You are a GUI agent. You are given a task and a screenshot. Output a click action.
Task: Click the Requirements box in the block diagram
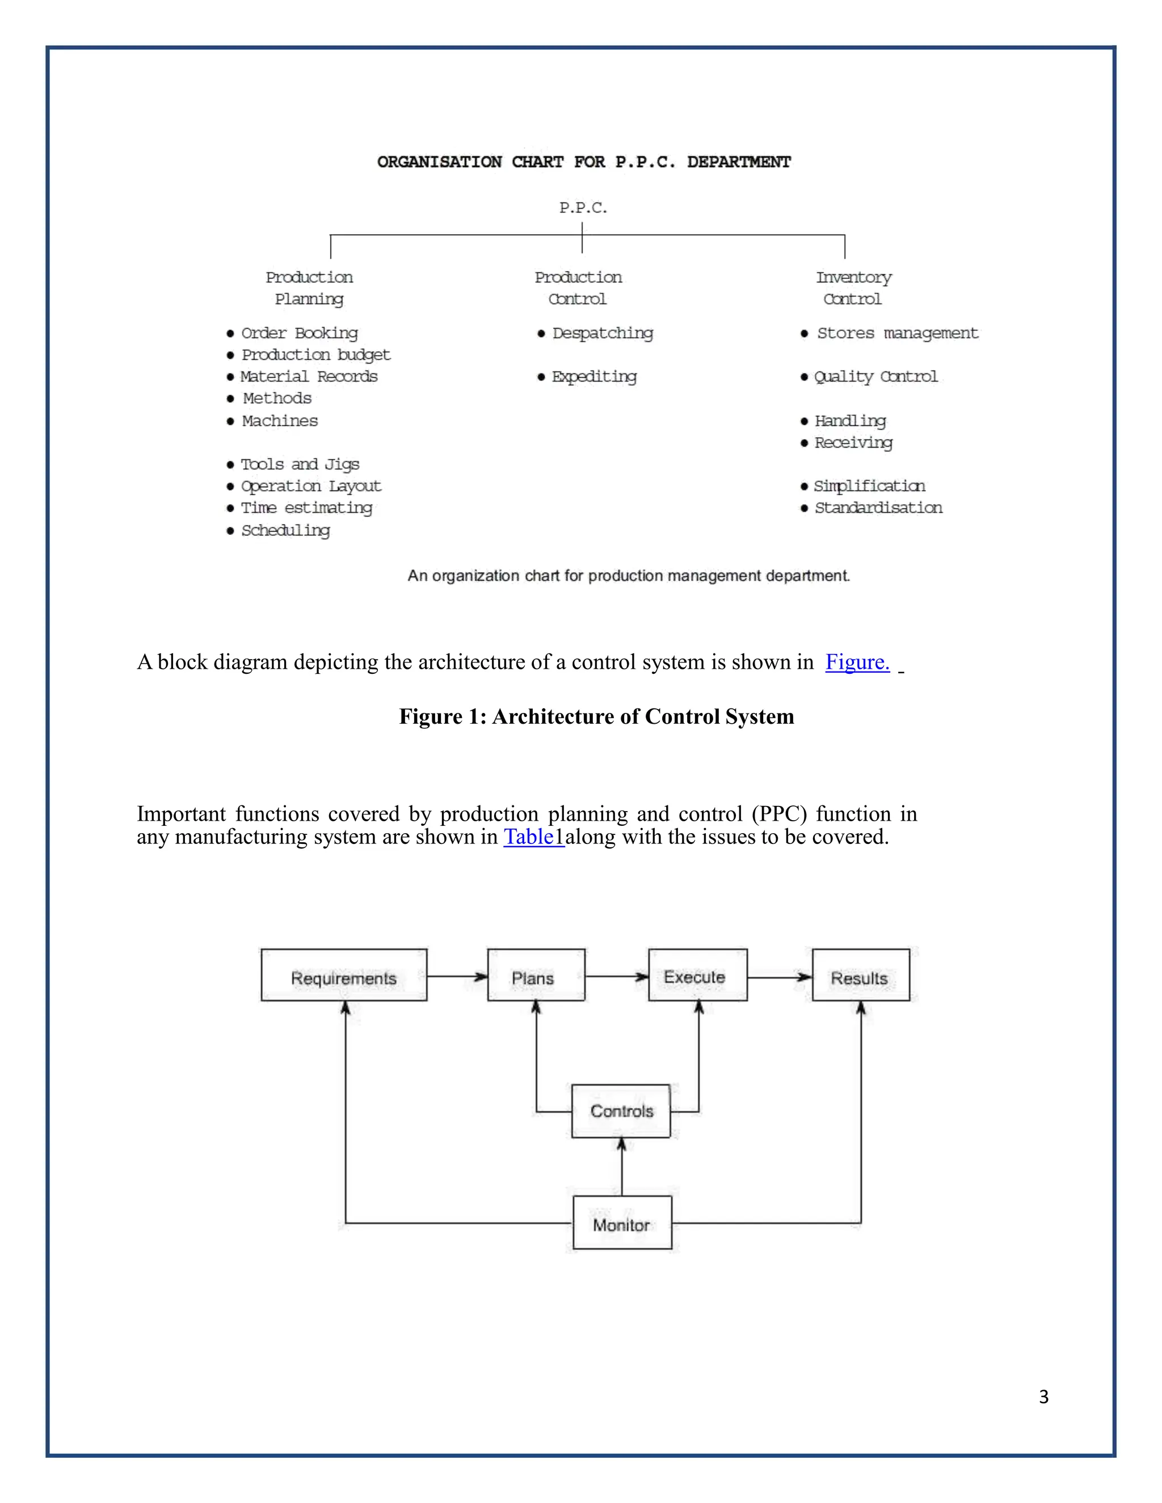pos(343,975)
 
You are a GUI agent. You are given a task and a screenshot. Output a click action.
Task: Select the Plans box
pos(536,975)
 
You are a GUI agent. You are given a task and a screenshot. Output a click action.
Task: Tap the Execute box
pos(697,975)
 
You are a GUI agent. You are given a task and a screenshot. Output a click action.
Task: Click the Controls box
pos(620,1111)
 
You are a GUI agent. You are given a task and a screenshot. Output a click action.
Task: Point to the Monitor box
pos(622,1223)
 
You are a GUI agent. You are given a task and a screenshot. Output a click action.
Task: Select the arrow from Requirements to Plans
pos(456,977)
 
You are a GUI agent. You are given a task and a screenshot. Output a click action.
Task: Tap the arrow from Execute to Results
pos(778,977)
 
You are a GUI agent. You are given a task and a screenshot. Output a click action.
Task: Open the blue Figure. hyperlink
pos(857,662)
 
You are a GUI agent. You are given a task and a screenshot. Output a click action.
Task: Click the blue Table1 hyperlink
pos(533,837)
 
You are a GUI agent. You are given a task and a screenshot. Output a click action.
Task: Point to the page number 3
pos(1043,1397)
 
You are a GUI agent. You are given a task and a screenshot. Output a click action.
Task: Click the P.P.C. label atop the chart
pos(582,208)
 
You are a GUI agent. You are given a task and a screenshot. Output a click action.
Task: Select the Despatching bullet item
pos(601,333)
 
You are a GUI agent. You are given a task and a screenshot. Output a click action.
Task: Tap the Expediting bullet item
pos(593,377)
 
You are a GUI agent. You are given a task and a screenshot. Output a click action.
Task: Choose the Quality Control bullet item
pos(875,377)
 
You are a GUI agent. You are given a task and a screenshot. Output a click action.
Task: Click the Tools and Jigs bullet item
pos(300,465)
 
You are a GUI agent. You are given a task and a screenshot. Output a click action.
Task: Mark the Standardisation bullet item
pos(878,508)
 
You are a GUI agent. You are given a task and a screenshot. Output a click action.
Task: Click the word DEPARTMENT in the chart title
pos(739,162)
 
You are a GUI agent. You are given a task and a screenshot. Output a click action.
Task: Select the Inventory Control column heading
pos(853,288)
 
